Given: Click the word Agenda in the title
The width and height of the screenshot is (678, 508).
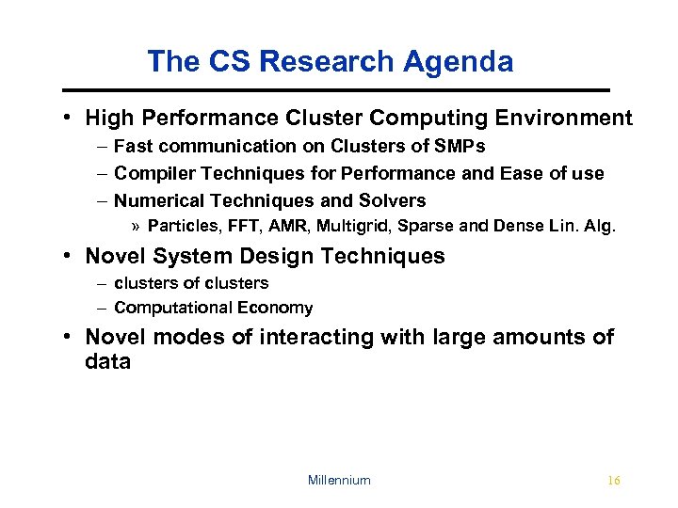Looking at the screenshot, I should [x=460, y=62].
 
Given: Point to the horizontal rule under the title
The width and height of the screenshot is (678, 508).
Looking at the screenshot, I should [x=336, y=89].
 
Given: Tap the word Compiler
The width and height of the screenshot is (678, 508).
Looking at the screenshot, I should [x=151, y=174].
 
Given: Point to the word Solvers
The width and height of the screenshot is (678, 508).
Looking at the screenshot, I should [x=393, y=200].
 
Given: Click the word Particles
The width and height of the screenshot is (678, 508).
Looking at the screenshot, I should [x=179, y=226].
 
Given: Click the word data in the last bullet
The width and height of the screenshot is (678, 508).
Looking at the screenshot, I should [x=108, y=362].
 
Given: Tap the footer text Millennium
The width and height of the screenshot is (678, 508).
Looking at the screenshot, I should [x=339, y=481].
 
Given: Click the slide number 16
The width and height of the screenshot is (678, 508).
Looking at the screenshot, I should [x=614, y=481].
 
